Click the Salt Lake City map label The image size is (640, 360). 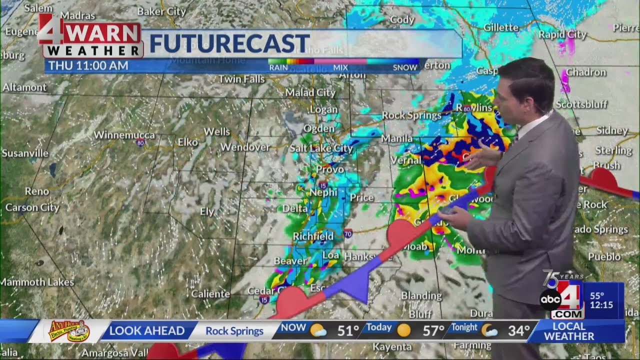point(321,148)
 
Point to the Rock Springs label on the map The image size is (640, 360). point(411,115)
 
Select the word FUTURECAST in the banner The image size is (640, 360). point(229,44)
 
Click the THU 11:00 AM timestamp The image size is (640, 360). point(88,65)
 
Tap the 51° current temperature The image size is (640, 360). point(348,330)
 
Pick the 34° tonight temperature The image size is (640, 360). point(519,330)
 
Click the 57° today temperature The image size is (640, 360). point(433,330)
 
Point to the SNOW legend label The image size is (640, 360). point(404,67)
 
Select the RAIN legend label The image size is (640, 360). point(278,67)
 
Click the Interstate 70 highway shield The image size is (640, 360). point(348,233)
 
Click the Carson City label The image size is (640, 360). point(32,207)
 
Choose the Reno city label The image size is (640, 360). point(37,191)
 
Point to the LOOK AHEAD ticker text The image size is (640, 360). point(146,330)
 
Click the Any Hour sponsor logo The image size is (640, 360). point(68,330)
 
